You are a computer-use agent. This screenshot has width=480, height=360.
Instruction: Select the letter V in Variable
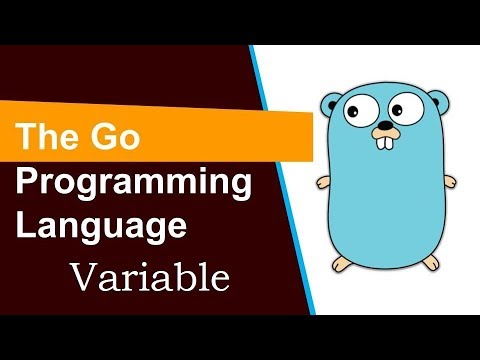coord(81,273)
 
